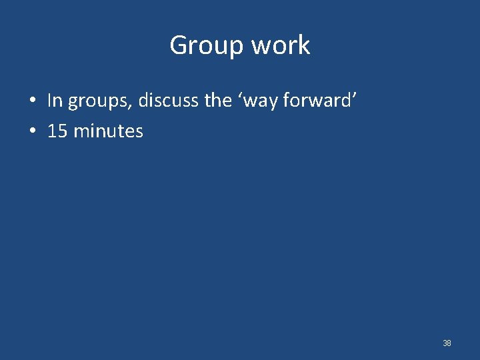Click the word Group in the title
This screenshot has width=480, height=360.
[x=207, y=45]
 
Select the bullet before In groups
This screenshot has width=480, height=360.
[x=32, y=101]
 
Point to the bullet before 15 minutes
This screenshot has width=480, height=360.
[x=32, y=131]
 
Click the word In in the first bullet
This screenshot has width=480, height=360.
[x=55, y=101]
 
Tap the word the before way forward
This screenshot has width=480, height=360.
[x=217, y=101]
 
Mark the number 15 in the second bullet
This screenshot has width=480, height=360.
[x=57, y=131]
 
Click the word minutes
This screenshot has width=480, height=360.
[x=108, y=131]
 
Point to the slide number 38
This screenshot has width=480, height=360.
[x=447, y=343]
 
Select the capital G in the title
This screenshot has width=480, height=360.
[x=179, y=45]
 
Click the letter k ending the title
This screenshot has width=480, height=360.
[x=304, y=45]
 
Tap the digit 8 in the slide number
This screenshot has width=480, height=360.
[x=449, y=343]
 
